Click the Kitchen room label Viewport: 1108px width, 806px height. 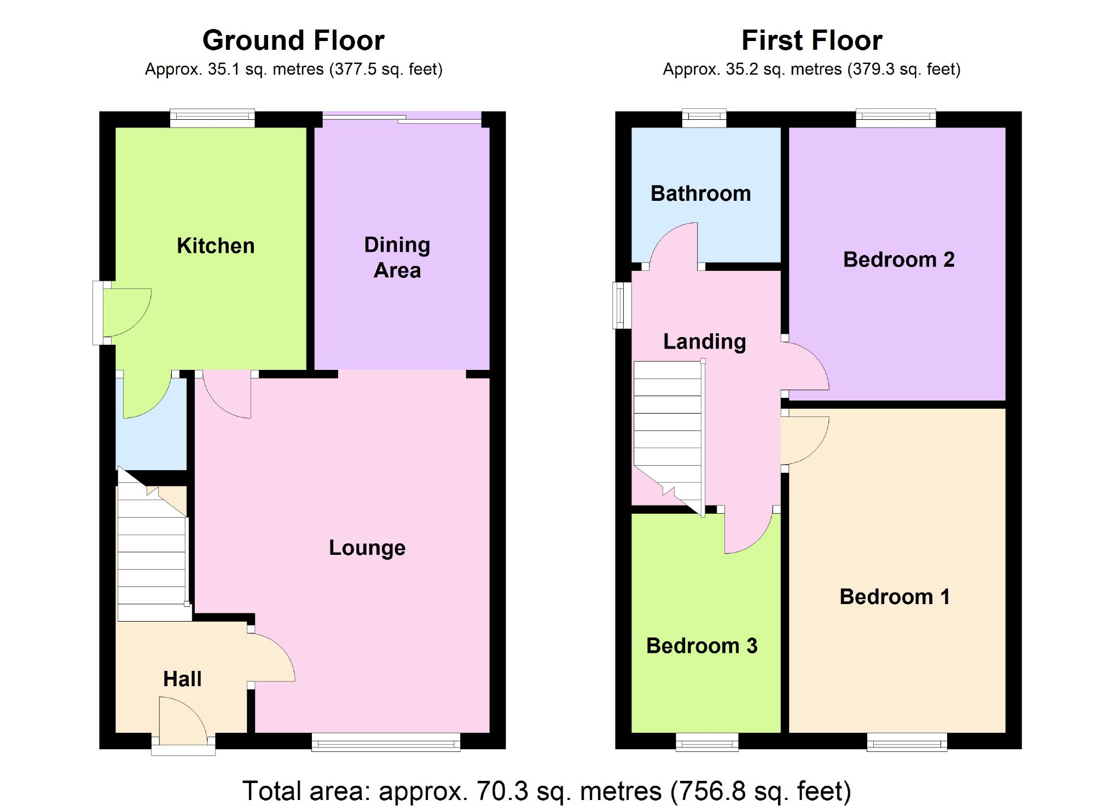coord(216,246)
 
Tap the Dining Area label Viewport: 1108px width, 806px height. coord(397,257)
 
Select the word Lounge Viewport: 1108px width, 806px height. coord(367,548)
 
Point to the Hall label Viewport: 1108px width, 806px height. coord(182,679)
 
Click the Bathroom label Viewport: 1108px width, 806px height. coord(700,194)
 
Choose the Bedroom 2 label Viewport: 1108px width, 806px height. coord(898,259)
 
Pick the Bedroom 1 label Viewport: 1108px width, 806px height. coord(895,596)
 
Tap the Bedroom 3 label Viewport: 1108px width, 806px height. coord(701,646)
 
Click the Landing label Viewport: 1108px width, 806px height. coord(704,341)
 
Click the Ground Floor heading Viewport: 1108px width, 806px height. coord(293,40)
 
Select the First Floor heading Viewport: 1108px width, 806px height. coord(811,40)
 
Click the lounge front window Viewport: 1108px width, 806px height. coord(386,743)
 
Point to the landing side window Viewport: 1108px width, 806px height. coord(622,305)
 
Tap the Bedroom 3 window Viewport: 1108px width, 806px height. coord(707,743)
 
